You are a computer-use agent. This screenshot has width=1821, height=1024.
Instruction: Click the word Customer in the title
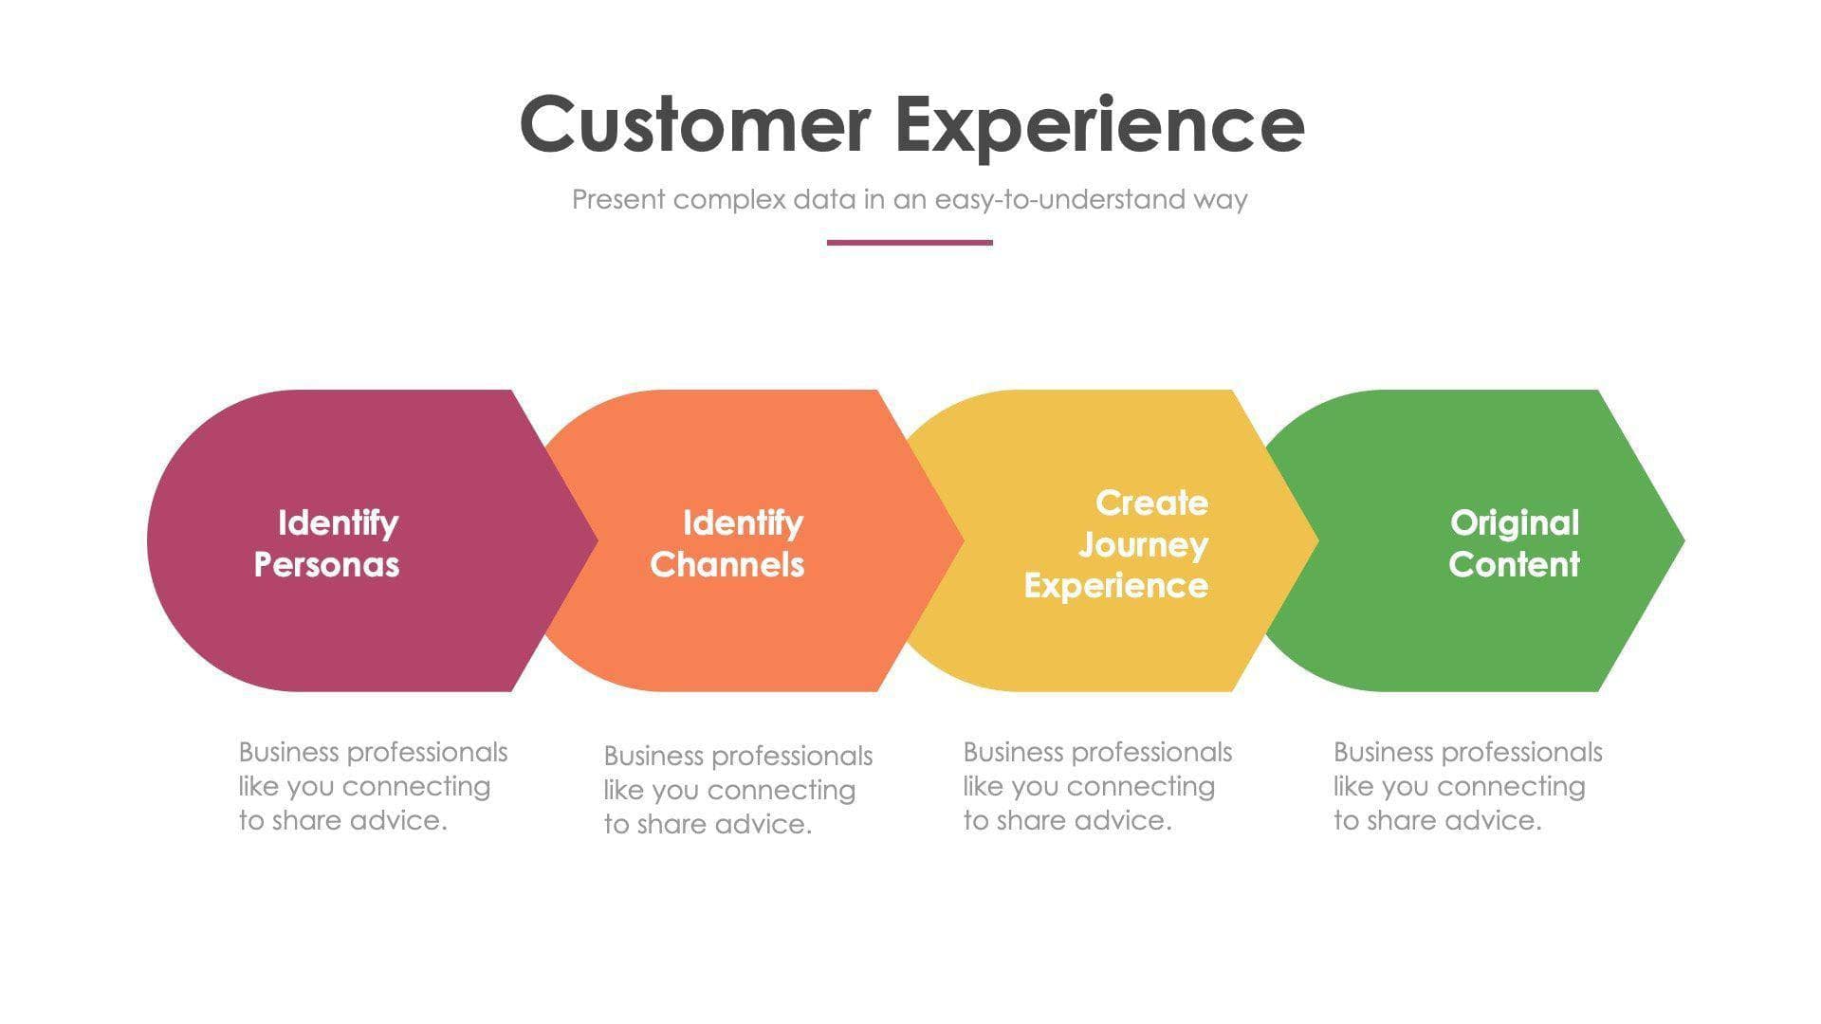click(x=694, y=124)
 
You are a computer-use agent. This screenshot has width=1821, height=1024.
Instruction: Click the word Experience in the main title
click(x=1099, y=124)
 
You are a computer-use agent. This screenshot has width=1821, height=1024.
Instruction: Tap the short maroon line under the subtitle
click(x=909, y=243)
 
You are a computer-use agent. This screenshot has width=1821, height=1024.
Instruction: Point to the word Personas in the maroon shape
click(x=326, y=564)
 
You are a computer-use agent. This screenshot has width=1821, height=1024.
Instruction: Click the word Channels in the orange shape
click(x=727, y=564)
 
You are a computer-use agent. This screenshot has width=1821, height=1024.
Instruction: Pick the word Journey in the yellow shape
click(x=1143, y=544)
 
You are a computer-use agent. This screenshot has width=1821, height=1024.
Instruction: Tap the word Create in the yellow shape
click(x=1151, y=503)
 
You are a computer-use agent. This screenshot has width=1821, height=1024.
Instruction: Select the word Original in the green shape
click(x=1514, y=522)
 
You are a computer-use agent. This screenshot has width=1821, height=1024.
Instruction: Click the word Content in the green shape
click(x=1514, y=564)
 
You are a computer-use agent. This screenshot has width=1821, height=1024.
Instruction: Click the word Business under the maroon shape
click(x=288, y=752)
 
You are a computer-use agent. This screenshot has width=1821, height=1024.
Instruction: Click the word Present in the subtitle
click(x=618, y=199)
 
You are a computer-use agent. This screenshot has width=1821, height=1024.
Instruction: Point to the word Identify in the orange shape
click(x=743, y=522)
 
